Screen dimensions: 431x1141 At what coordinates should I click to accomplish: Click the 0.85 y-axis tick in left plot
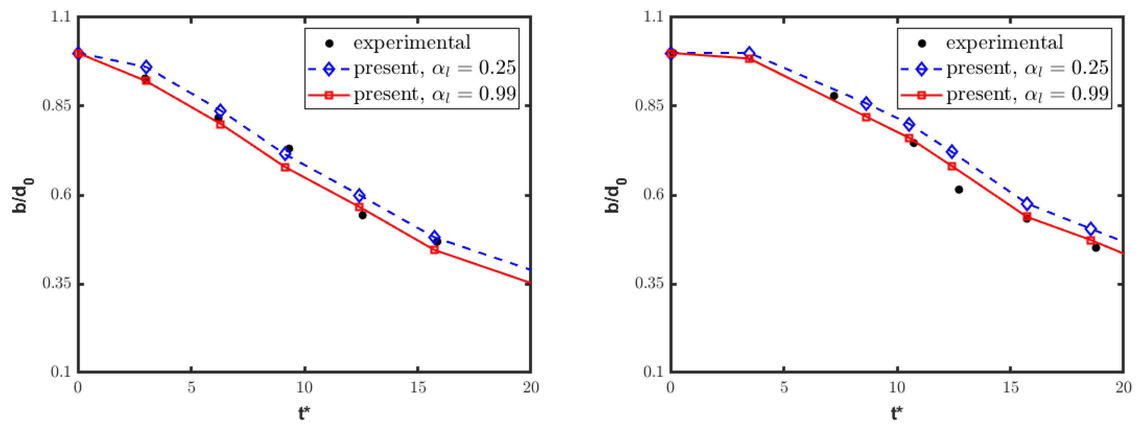[x=56, y=106]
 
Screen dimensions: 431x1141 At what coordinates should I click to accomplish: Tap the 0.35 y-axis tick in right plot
[x=649, y=283]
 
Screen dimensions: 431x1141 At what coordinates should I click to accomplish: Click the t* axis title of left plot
[x=304, y=414]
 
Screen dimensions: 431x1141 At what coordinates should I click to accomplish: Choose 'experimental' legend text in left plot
[x=412, y=43]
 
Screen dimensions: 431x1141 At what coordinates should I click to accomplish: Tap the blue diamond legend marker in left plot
[x=329, y=69]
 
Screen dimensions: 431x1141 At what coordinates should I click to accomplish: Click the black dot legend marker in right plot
[x=922, y=43]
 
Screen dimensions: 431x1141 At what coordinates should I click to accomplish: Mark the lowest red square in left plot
[x=434, y=250]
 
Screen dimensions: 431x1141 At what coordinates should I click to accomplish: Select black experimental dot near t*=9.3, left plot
[x=289, y=149]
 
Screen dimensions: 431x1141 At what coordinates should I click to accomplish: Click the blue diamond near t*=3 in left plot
[x=146, y=67]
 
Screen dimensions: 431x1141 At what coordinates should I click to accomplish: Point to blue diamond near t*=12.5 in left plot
[x=359, y=195]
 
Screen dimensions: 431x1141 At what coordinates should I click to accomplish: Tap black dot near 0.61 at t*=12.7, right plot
[x=959, y=190]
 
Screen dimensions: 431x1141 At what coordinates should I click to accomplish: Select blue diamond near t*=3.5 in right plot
[x=749, y=53]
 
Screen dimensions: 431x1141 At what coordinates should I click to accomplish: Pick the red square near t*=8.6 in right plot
[x=866, y=117]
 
